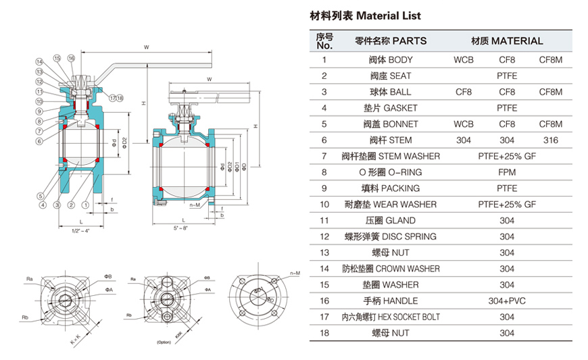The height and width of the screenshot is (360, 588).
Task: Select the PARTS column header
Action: click(x=391, y=41)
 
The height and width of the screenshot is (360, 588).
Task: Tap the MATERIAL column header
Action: click(x=507, y=41)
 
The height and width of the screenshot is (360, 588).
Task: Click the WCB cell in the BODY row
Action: click(x=464, y=60)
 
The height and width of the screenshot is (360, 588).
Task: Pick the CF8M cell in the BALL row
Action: click(x=550, y=92)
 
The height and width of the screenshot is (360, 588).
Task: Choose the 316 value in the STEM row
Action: click(x=550, y=140)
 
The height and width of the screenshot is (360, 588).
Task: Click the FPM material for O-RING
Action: click(x=507, y=172)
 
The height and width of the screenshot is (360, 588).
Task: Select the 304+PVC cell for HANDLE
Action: click(x=507, y=301)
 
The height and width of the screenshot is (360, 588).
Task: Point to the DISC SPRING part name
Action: click(x=391, y=237)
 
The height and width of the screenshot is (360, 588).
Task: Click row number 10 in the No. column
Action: click(x=324, y=205)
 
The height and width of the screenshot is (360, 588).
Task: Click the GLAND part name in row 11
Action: click(x=391, y=221)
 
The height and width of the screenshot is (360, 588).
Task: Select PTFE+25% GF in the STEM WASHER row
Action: click(x=507, y=157)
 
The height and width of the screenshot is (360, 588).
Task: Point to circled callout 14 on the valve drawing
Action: click(x=40, y=62)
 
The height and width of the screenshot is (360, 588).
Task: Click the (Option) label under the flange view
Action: click(x=165, y=342)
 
